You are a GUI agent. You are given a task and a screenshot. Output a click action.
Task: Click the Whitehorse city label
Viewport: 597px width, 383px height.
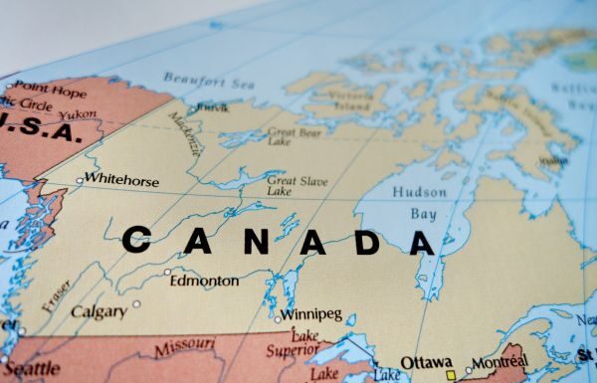pos(122,179)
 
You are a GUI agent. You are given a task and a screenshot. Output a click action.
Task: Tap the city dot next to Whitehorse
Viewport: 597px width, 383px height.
pos(80,181)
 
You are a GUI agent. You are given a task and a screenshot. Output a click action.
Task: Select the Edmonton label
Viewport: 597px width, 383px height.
pos(204,282)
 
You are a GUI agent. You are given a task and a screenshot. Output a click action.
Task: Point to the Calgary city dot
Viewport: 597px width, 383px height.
pos(137,304)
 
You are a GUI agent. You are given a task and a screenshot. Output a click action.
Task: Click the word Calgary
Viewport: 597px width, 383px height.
pos(99,311)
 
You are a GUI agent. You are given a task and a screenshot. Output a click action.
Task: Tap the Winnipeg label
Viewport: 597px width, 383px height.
pos(310,314)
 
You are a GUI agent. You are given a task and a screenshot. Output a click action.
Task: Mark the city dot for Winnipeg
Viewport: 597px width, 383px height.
pos(279,319)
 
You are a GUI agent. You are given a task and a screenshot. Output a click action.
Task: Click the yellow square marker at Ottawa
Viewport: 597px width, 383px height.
pos(451,376)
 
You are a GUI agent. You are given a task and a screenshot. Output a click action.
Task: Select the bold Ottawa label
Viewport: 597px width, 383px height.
pos(426,363)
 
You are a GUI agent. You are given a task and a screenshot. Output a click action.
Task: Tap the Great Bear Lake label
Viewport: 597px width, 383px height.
pos(295,136)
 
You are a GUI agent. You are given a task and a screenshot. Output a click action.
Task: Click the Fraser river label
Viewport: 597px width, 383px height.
pos(57,296)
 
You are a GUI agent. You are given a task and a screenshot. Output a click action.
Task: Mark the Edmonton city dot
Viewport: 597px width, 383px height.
pos(168,271)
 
